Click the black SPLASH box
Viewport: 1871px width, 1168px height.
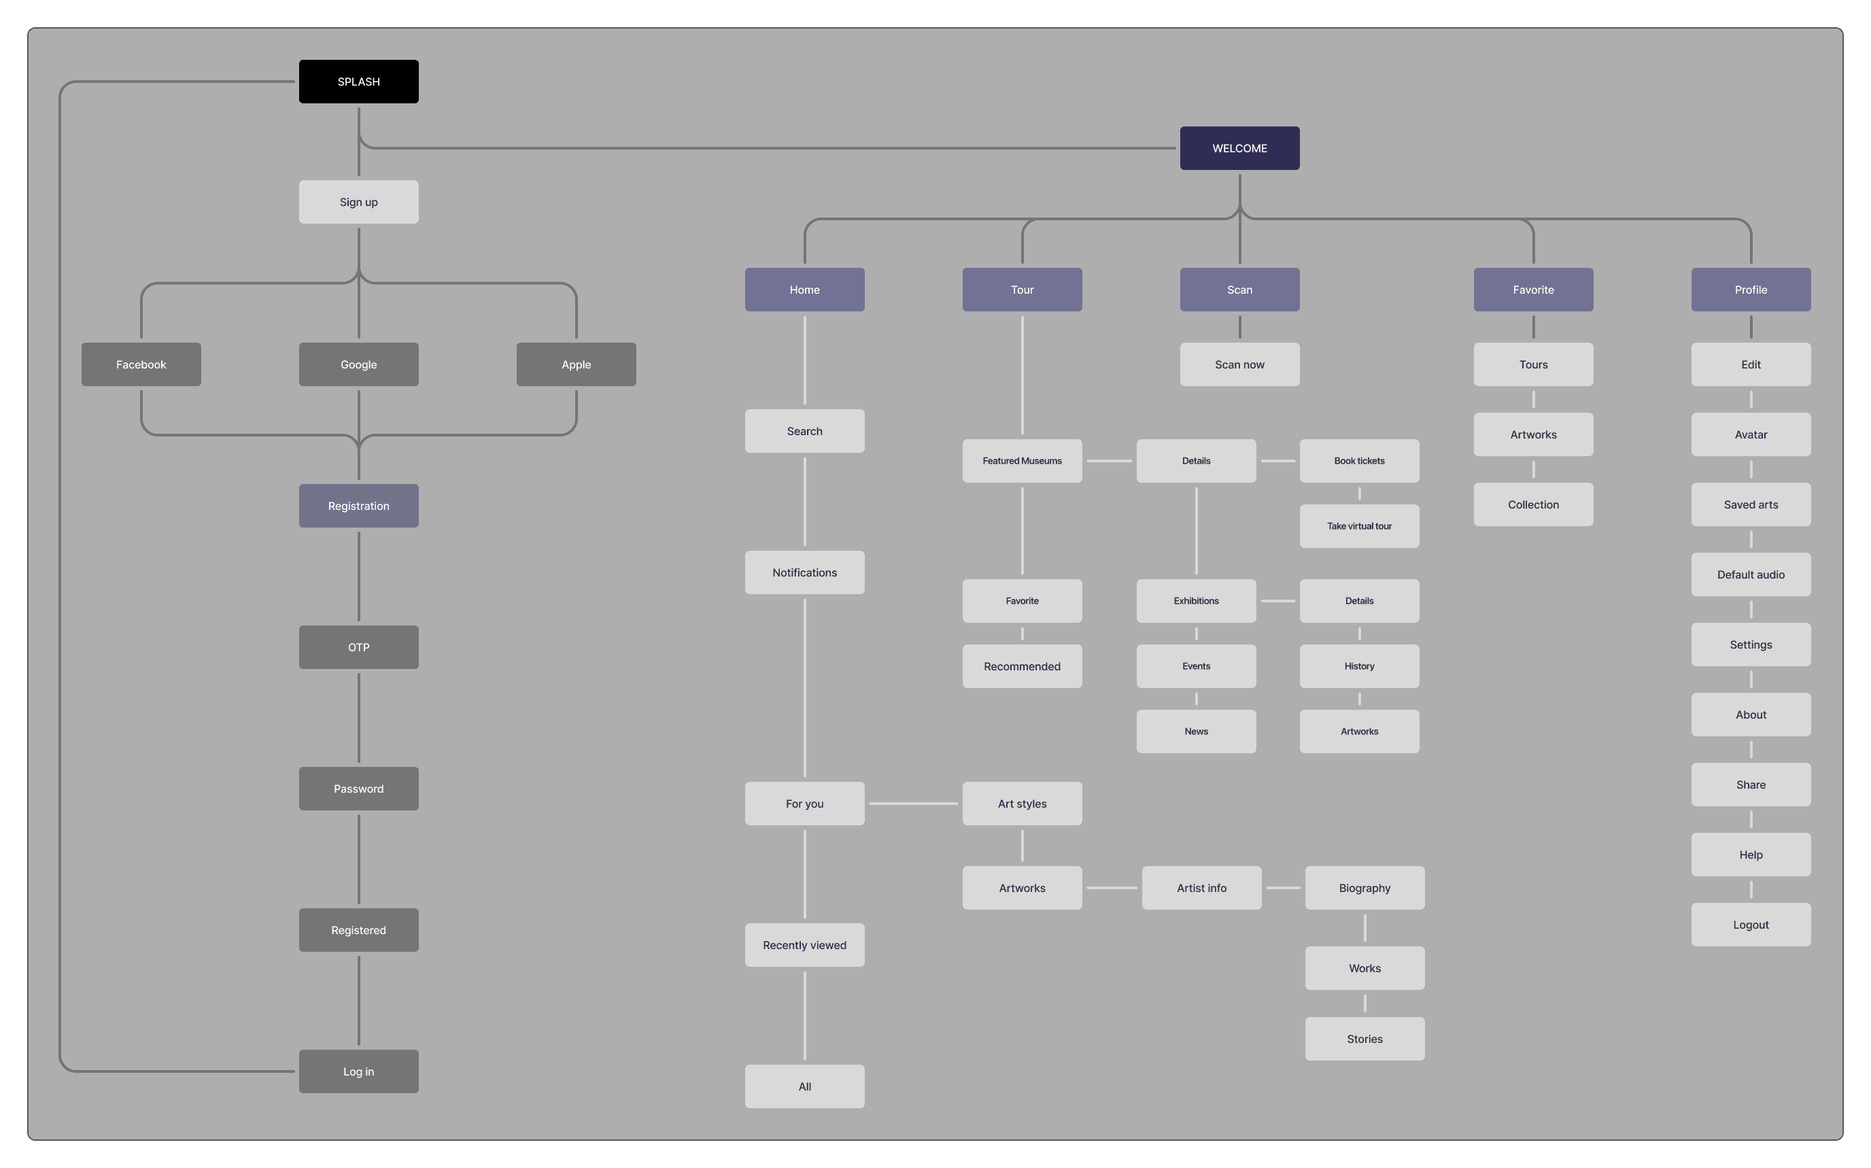point(358,81)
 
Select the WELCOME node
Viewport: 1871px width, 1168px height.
point(1239,148)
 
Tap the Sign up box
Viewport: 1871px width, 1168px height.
point(358,202)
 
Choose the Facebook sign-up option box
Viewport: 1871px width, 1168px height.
point(141,364)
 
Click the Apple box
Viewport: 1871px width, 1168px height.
point(576,364)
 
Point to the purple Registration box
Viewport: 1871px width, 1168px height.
point(358,506)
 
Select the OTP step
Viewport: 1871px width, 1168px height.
point(358,647)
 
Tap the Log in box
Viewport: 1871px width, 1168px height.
point(358,1071)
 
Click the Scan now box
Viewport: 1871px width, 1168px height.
point(1239,364)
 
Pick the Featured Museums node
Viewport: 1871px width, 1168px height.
point(1021,461)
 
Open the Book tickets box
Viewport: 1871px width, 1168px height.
point(1359,461)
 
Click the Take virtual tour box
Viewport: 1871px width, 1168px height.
point(1359,526)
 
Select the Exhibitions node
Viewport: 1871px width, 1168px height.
point(1196,601)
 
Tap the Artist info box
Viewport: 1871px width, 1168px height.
point(1201,889)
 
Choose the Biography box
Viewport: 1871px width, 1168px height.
point(1364,889)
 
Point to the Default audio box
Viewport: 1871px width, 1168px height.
point(1751,574)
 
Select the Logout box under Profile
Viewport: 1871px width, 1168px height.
point(1751,925)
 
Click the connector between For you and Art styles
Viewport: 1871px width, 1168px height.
point(913,804)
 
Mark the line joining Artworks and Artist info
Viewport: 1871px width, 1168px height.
point(1112,889)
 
